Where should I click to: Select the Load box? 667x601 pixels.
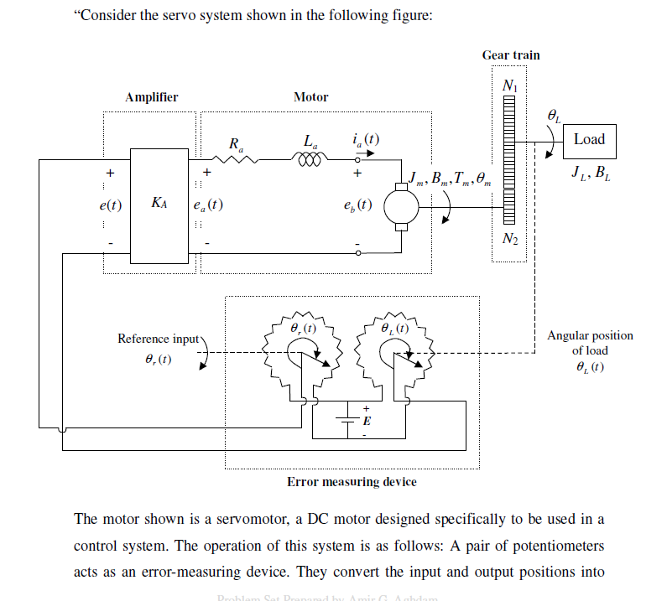pyautogui.click(x=589, y=140)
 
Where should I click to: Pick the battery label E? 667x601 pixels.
pyautogui.click(x=367, y=420)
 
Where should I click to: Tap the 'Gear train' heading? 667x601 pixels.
pyautogui.click(x=511, y=55)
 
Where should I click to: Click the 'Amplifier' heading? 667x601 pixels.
pyautogui.click(x=151, y=97)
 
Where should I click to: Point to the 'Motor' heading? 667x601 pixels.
pyautogui.click(x=310, y=97)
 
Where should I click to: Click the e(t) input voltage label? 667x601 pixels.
pyautogui.click(x=106, y=204)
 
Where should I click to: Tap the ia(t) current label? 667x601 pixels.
pyautogui.click(x=366, y=138)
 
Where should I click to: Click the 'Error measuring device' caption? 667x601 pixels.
pyautogui.click(x=352, y=482)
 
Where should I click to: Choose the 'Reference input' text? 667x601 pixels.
pyautogui.click(x=158, y=339)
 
